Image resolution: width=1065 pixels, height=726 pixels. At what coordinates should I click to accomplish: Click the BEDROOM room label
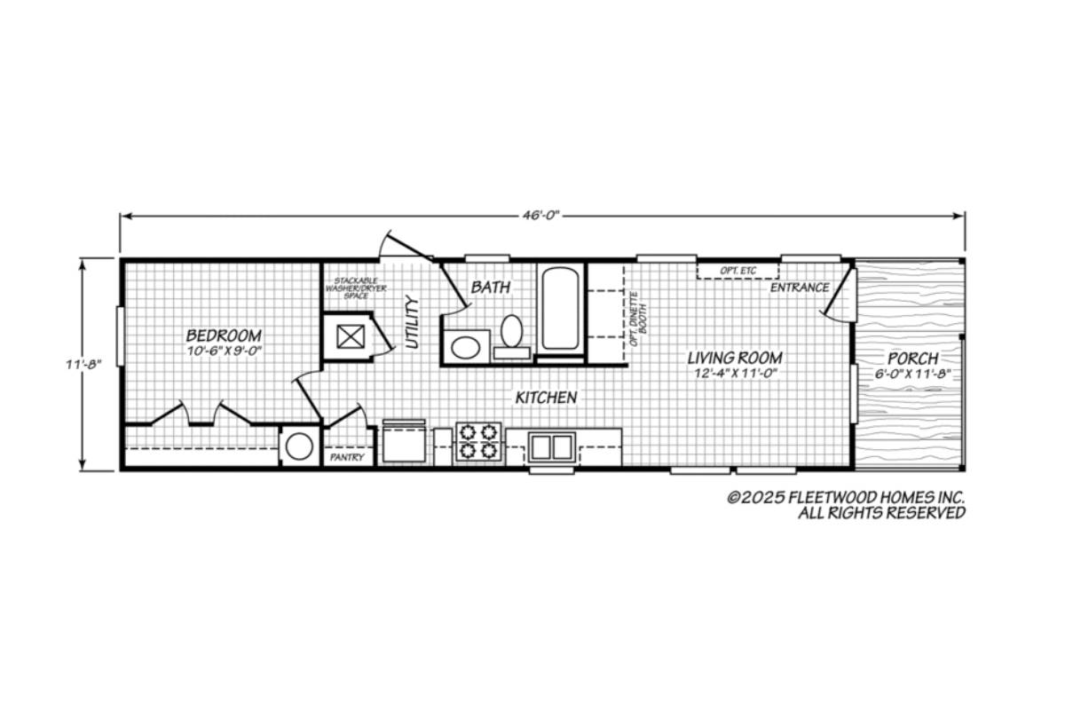click(224, 335)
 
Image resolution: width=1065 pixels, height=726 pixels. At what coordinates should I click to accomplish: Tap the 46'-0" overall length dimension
click(542, 216)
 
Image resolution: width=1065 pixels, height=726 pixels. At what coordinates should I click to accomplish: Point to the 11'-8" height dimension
click(83, 365)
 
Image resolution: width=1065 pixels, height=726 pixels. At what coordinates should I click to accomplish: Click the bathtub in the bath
click(561, 309)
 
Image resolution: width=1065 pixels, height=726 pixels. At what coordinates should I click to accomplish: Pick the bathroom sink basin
click(465, 348)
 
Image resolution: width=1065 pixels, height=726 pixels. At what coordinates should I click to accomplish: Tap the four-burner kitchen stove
click(478, 441)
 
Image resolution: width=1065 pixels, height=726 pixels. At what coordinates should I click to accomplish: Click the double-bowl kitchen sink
click(551, 447)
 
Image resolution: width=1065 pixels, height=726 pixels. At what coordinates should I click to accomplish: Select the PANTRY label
click(347, 457)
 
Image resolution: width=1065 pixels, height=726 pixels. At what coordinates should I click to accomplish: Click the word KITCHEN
click(547, 398)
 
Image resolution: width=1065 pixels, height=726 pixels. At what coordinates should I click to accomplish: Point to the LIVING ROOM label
click(735, 358)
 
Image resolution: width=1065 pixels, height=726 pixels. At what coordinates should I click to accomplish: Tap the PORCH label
click(913, 359)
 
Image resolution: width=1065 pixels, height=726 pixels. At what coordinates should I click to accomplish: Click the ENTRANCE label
click(800, 288)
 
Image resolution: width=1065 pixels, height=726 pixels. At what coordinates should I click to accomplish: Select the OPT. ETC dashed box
click(738, 271)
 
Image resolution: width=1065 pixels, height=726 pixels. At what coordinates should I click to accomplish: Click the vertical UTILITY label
click(412, 322)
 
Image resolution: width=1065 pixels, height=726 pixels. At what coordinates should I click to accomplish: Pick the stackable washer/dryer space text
click(356, 288)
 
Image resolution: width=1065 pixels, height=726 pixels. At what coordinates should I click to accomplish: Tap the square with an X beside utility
click(351, 336)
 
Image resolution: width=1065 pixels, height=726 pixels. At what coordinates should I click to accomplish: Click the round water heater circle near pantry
click(299, 447)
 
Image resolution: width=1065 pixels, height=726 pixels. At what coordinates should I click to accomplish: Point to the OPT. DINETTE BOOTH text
click(637, 319)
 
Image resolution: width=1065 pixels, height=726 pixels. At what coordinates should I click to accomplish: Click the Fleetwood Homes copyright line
click(847, 498)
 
